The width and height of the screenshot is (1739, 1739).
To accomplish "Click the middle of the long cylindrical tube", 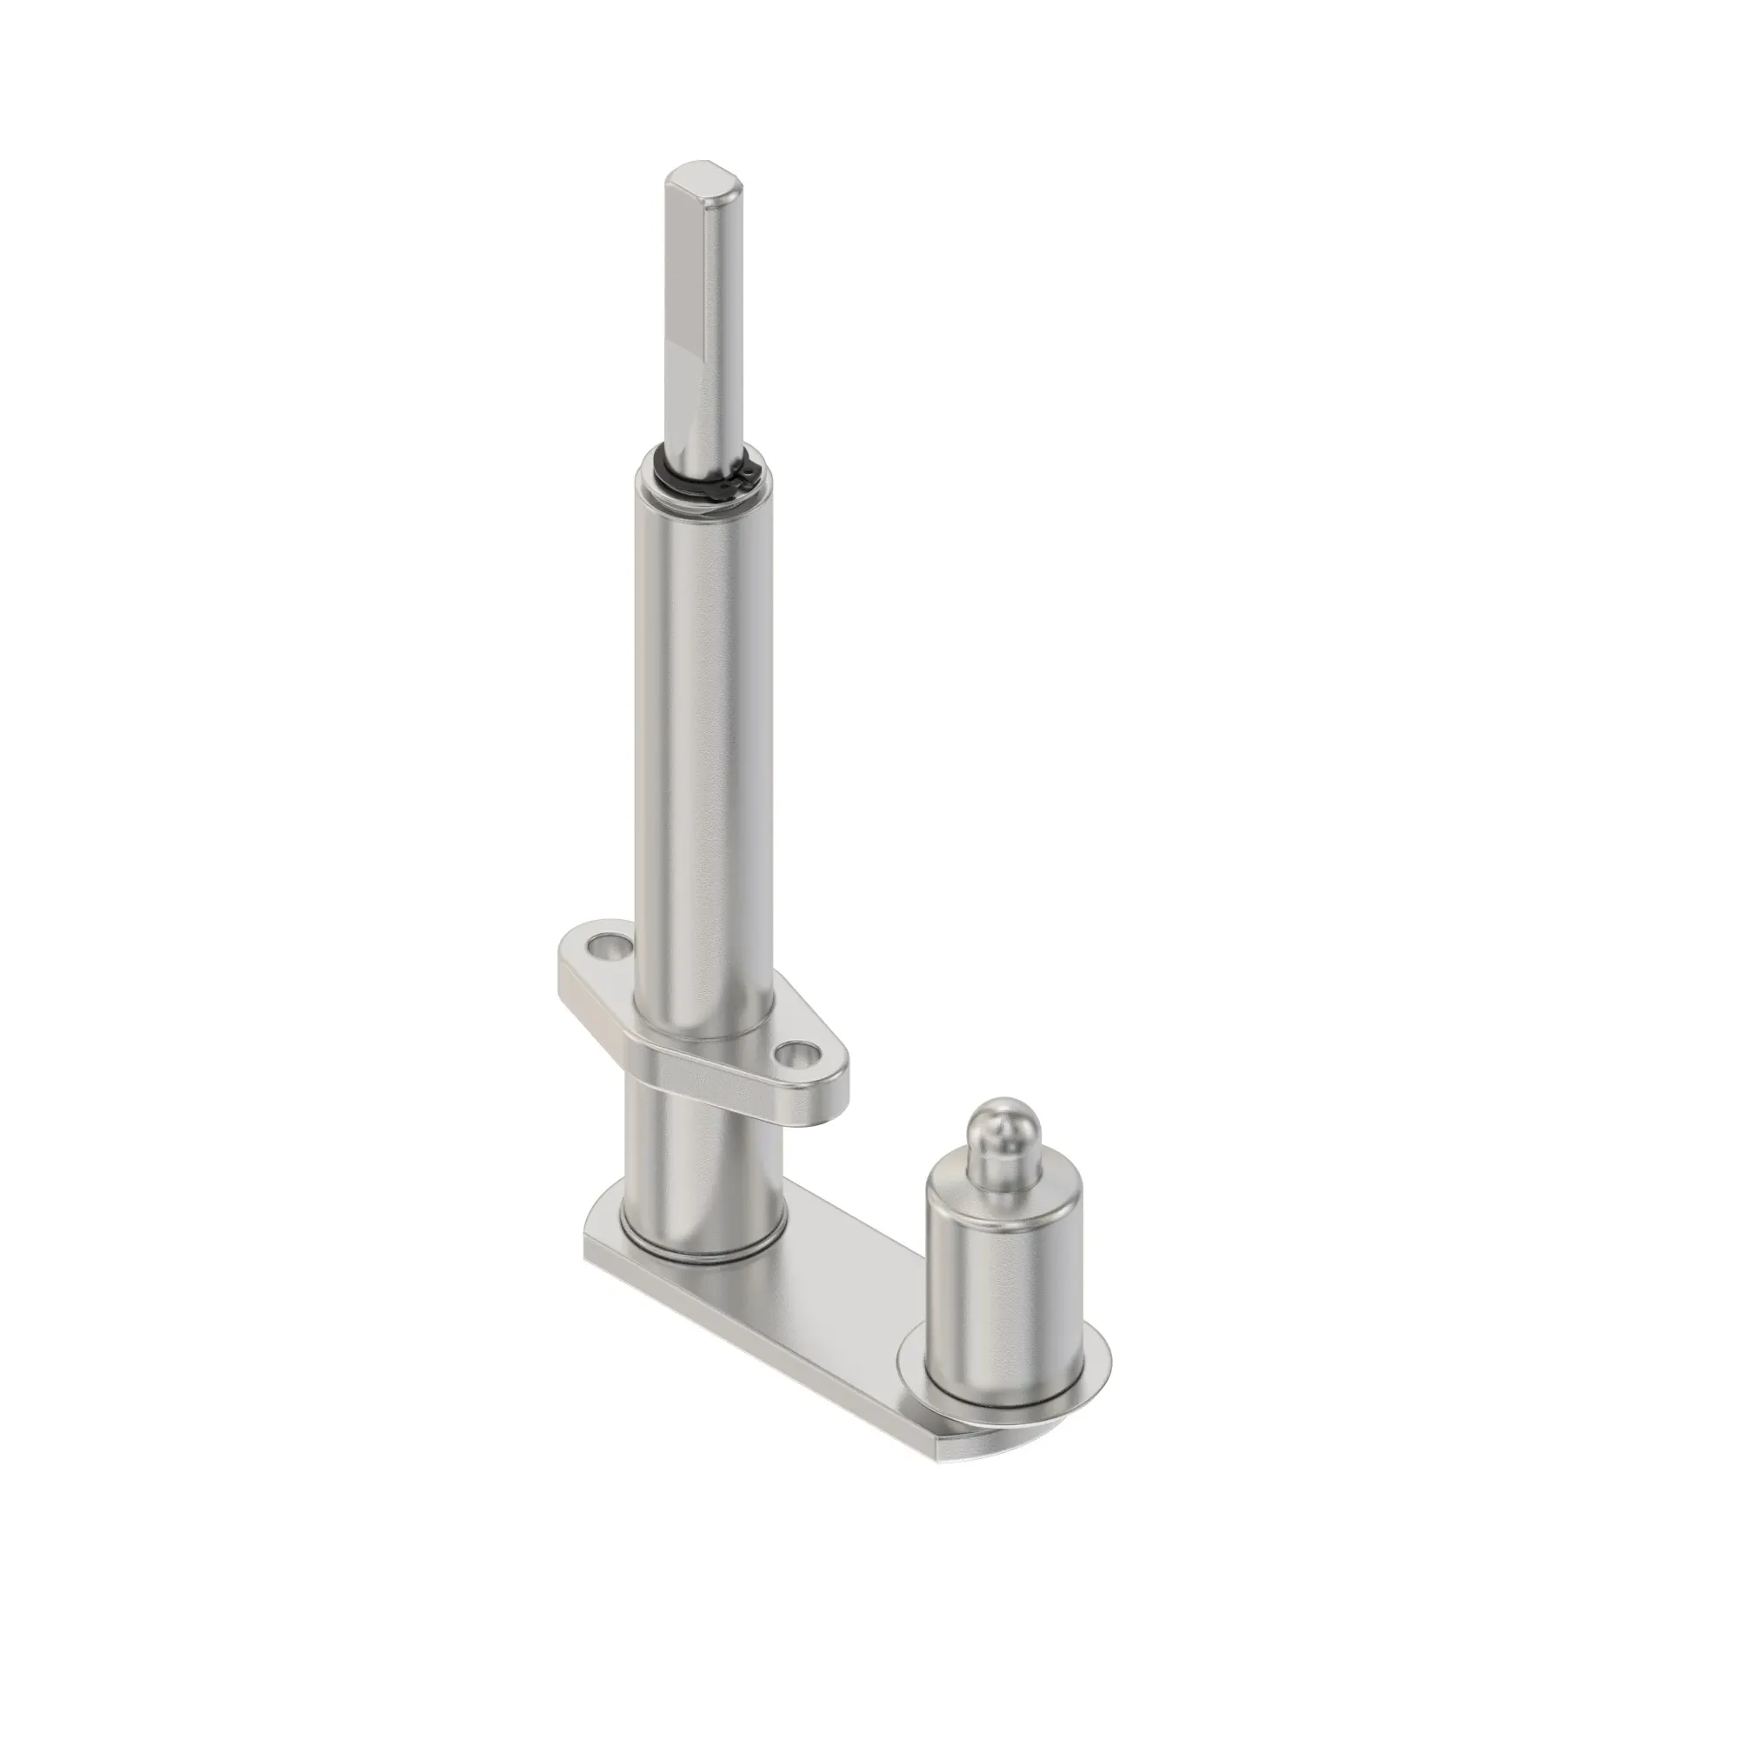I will tap(702, 720).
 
